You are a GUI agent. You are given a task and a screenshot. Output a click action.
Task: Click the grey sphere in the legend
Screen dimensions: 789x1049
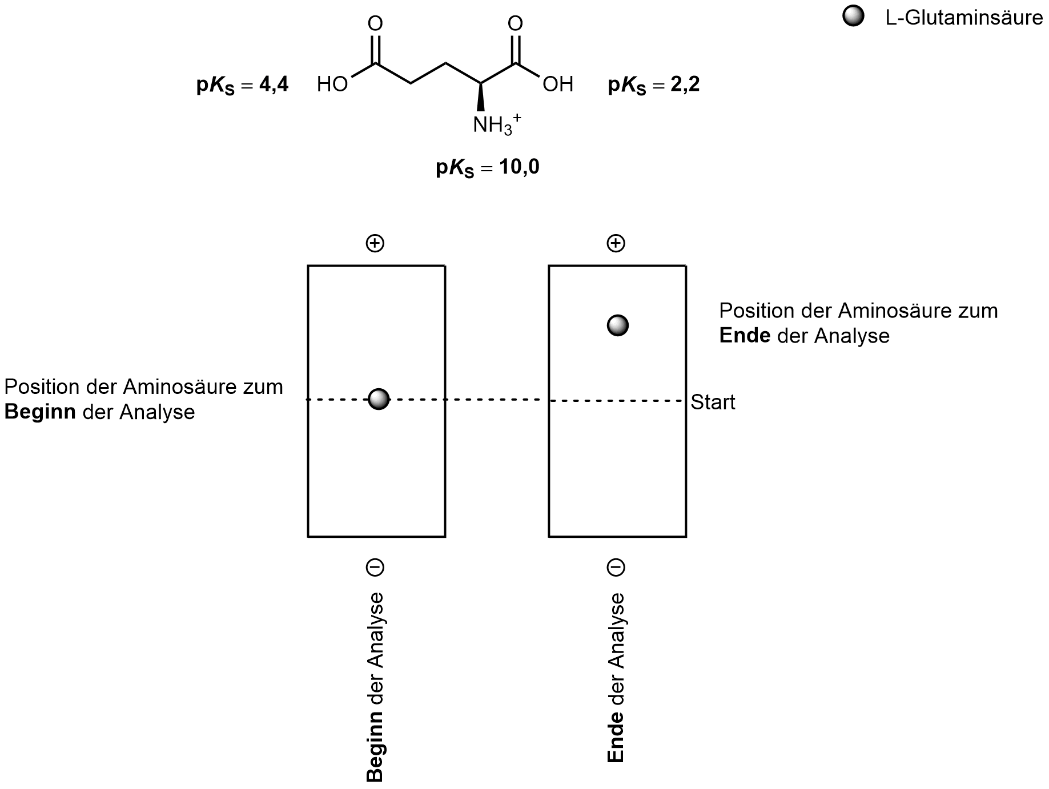(853, 17)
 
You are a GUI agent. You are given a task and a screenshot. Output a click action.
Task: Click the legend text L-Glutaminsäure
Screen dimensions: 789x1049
(964, 18)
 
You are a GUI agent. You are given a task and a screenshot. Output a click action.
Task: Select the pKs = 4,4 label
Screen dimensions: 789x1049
(243, 86)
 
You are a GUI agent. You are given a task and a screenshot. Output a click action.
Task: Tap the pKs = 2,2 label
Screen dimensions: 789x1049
(654, 86)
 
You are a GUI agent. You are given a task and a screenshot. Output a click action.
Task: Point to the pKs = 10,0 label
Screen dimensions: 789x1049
(487, 168)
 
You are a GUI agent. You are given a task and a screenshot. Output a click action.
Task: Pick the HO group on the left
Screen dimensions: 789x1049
(332, 85)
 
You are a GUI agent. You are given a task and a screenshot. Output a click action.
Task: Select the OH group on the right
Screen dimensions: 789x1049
(558, 85)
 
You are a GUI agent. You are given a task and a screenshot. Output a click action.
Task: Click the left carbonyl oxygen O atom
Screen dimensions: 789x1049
(375, 23)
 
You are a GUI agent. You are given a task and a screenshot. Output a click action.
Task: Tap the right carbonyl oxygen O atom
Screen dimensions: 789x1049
(515, 23)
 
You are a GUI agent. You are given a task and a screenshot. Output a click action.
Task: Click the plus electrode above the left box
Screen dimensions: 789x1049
(375, 244)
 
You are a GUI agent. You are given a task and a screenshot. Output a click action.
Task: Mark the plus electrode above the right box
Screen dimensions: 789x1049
(616, 244)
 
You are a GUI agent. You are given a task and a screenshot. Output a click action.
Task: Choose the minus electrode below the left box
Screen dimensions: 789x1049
(375, 567)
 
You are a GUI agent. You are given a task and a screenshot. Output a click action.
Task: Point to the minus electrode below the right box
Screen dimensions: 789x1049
(616, 567)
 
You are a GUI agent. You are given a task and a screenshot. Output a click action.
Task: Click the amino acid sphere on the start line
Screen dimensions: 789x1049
(379, 399)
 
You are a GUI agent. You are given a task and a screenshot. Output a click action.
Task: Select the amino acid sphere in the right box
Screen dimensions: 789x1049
(617, 325)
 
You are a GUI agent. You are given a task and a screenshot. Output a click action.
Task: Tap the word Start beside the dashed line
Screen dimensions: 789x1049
(713, 402)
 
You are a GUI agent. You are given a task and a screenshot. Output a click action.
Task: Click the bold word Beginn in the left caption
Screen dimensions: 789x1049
(40, 412)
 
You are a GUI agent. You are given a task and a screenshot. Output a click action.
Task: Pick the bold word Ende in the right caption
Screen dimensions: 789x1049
(745, 336)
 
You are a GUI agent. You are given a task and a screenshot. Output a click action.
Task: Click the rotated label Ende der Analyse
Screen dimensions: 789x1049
(616, 677)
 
